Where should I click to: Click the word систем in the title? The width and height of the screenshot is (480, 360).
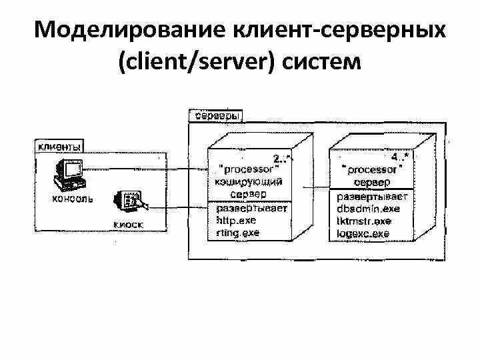(321, 64)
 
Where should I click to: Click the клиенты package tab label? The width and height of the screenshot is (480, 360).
(60, 146)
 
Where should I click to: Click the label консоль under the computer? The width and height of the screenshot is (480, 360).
(71, 199)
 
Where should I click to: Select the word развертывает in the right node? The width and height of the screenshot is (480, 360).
(371, 197)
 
